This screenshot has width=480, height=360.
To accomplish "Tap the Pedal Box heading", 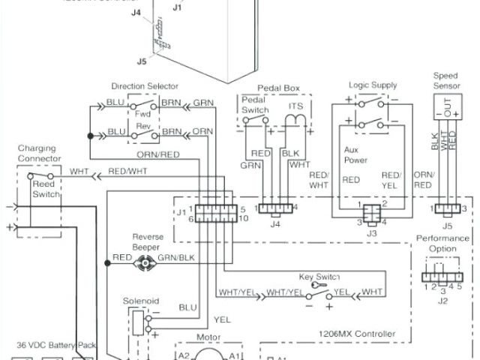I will [277, 88].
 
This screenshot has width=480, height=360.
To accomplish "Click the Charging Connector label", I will [37, 154].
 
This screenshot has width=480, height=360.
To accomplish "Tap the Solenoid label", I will [140, 301].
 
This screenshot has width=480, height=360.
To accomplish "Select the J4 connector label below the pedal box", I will [275, 223].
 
